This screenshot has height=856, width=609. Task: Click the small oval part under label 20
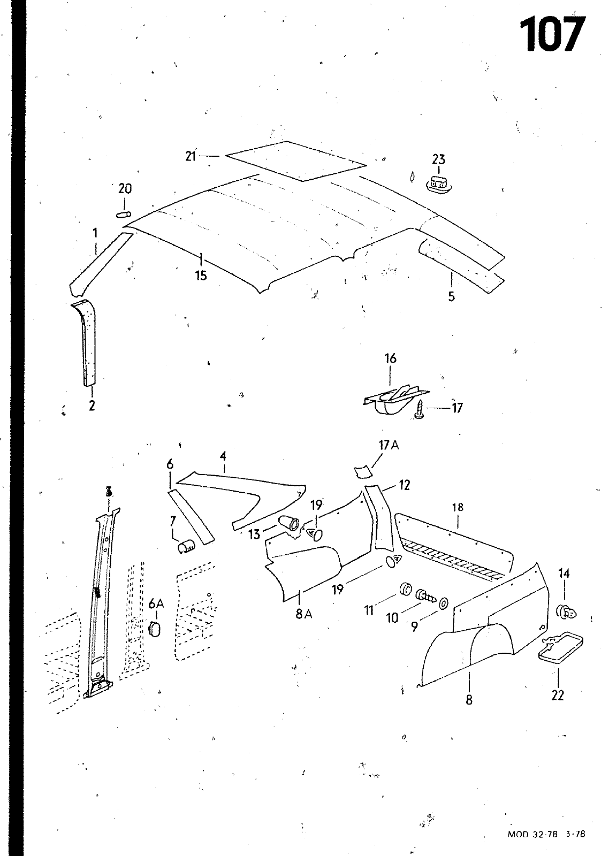click(x=124, y=215)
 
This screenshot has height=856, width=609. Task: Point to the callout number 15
click(x=201, y=276)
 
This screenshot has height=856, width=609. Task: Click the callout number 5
click(x=452, y=296)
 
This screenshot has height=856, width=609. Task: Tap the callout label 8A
click(x=303, y=614)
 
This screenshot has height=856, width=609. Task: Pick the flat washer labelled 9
click(x=444, y=603)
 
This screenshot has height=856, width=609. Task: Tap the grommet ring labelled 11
click(x=405, y=590)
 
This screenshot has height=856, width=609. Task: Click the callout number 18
click(x=458, y=507)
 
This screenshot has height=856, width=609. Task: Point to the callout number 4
click(x=223, y=456)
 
